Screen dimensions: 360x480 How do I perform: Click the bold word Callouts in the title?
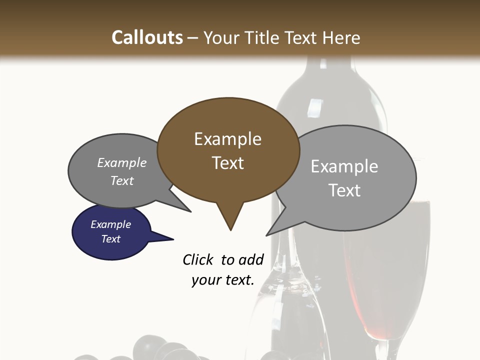point(147,37)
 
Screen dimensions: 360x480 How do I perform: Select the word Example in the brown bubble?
point(227,139)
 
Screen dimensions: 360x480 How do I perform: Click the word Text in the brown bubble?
point(227,163)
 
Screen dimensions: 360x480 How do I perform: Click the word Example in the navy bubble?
point(110,224)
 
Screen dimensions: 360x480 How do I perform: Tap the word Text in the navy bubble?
point(110,239)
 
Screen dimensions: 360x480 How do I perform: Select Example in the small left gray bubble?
point(121,163)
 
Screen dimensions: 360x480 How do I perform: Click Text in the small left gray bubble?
point(121,180)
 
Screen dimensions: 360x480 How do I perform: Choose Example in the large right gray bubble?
point(344,166)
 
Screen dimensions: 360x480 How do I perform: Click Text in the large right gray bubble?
point(344,190)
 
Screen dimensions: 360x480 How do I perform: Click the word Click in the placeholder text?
point(198,259)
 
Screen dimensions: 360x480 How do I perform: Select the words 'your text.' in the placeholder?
point(222,280)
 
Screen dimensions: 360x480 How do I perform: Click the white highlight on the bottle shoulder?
point(315,107)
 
